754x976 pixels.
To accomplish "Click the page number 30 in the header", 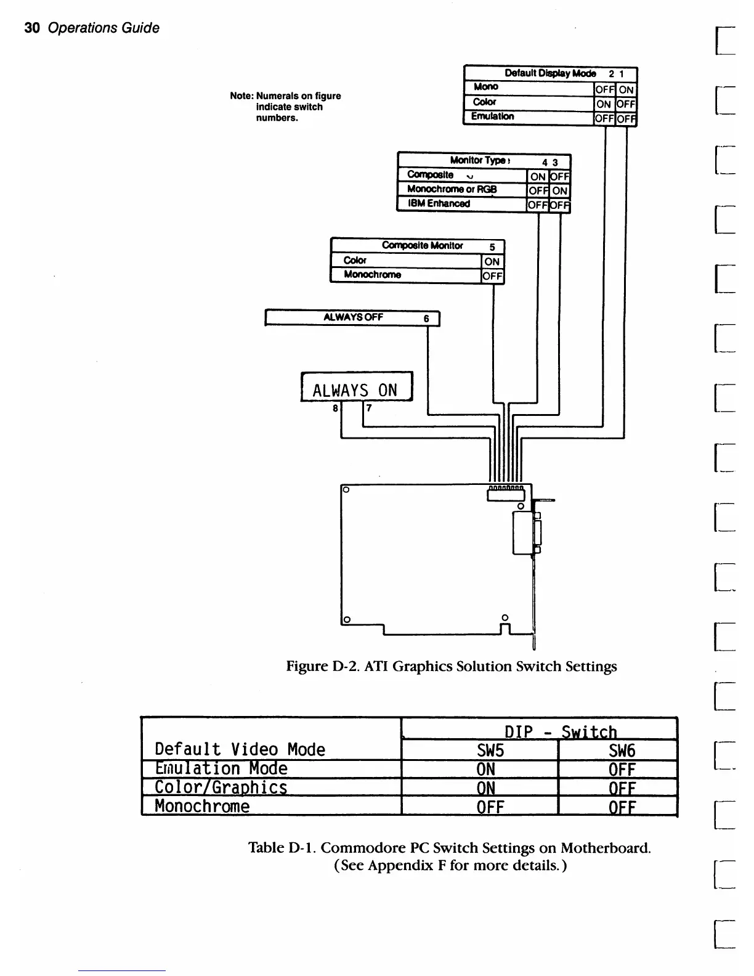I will [32, 28].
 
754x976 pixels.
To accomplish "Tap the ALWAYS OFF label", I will [353, 317].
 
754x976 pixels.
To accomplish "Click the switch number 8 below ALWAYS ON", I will [335, 408].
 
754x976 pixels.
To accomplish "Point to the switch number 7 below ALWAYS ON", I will [369, 408].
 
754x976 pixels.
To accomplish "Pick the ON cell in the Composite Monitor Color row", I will [492, 261].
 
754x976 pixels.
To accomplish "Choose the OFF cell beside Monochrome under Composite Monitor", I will [492, 276].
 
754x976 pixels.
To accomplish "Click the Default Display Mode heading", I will [549, 73].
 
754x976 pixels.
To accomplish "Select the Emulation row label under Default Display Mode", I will [492, 116].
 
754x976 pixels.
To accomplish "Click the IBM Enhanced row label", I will [439, 203].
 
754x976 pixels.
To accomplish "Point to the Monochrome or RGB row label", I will [452, 189].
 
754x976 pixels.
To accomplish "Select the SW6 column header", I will [622, 750].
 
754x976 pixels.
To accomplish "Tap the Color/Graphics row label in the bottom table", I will [221, 787].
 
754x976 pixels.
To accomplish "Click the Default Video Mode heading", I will [240, 749].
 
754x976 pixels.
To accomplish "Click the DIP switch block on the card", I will [506, 494].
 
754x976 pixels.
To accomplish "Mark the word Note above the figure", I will [241, 96].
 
